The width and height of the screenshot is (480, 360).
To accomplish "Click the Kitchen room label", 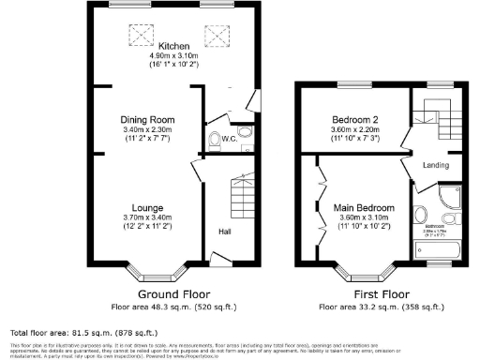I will [x=173, y=46].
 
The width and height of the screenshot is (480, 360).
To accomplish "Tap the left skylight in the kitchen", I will [x=142, y=37].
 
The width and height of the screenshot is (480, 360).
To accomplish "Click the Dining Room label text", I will [x=147, y=120].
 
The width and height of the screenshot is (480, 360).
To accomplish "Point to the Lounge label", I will [x=148, y=207].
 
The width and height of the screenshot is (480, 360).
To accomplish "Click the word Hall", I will [x=226, y=231].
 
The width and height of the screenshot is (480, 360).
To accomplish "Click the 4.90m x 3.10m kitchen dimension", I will [x=173, y=56].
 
